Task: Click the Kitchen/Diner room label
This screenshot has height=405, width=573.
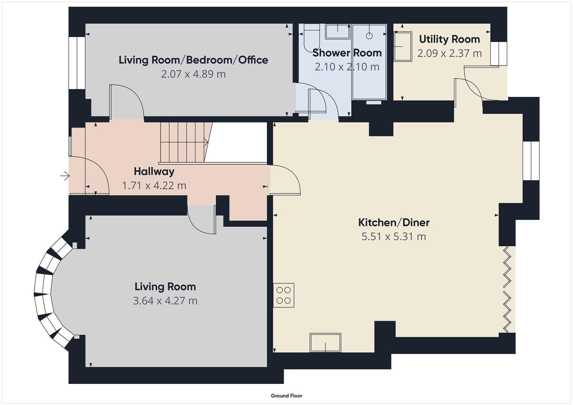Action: pyautogui.click(x=394, y=222)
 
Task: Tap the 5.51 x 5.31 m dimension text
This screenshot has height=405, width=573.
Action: pyautogui.click(x=394, y=237)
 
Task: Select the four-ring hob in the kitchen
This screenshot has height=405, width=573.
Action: pyautogui.click(x=283, y=295)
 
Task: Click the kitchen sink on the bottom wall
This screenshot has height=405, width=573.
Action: pyautogui.click(x=325, y=343)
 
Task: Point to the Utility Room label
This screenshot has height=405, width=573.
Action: pyautogui.click(x=449, y=39)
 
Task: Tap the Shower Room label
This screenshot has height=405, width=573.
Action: pyautogui.click(x=347, y=53)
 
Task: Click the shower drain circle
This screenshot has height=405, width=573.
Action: pyautogui.click(x=369, y=36)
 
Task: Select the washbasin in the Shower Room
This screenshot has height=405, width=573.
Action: pyautogui.click(x=337, y=31)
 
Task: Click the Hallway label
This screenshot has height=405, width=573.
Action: pyautogui.click(x=154, y=171)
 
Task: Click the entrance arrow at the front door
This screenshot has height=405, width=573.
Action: pyautogui.click(x=65, y=175)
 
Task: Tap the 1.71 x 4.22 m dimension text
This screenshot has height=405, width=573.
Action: pyautogui.click(x=154, y=186)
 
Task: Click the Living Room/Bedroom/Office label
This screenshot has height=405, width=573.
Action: pyautogui.click(x=193, y=60)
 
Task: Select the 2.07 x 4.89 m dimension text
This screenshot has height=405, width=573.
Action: pyautogui.click(x=193, y=74)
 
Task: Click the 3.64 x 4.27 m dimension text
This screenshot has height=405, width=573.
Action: pyautogui.click(x=165, y=301)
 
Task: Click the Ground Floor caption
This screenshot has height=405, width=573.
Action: pyautogui.click(x=286, y=396)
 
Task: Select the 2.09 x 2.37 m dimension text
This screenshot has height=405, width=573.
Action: pyautogui.click(x=449, y=53)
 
